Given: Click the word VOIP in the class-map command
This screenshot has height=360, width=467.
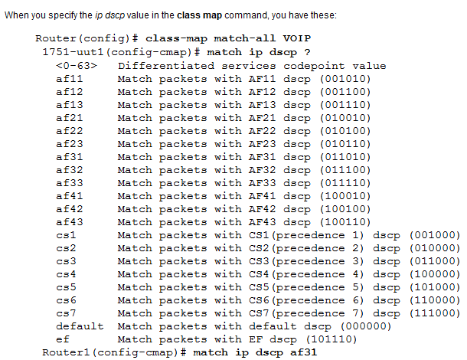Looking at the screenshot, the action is pyautogui.click(x=296, y=38).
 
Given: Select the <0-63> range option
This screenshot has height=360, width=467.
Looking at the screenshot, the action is pyautogui.click(x=77, y=66).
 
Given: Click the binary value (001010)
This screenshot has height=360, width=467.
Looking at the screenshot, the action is pyautogui.click(x=345, y=79).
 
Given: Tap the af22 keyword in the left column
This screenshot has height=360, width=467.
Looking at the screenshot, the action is pyautogui.click(x=70, y=131).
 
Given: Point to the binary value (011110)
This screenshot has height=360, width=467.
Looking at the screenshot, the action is pyautogui.click(x=345, y=183).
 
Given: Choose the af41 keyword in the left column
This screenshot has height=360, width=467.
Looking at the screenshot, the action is pyautogui.click(x=70, y=196).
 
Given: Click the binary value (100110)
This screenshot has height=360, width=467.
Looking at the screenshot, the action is pyautogui.click(x=345, y=222).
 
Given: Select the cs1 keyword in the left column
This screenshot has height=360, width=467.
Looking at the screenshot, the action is pyautogui.click(x=66, y=235).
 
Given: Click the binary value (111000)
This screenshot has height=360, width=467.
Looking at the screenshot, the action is pyautogui.click(x=435, y=313).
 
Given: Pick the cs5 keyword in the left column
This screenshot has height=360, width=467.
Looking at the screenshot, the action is pyautogui.click(x=66, y=287).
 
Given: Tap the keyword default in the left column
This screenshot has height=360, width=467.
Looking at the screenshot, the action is pyautogui.click(x=80, y=326).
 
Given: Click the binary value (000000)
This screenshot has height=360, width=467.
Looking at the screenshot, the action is pyautogui.click(x=366, y=326).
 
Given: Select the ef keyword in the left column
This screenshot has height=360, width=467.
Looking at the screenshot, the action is pyautogui.click(x=63, y=339).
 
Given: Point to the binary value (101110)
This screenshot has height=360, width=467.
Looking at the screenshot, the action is pyautogui.click(x=331, y=339).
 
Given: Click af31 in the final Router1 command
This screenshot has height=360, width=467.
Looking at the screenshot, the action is pyautogui.click(x=303, y=352).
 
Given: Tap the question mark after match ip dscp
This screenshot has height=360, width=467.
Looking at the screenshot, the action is pyautogui.click(x=307, y=52).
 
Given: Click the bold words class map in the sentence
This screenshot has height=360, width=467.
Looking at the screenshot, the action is pyautogui.click(x=200, y=15).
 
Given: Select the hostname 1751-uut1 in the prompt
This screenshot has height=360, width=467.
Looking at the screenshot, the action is pyautogui.click(x=73, y=52).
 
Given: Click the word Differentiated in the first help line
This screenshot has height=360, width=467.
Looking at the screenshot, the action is pyautogui.click(x=166, y=66).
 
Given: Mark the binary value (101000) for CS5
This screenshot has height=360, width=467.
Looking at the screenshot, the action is pyautogui.click(x=435, y=287).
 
